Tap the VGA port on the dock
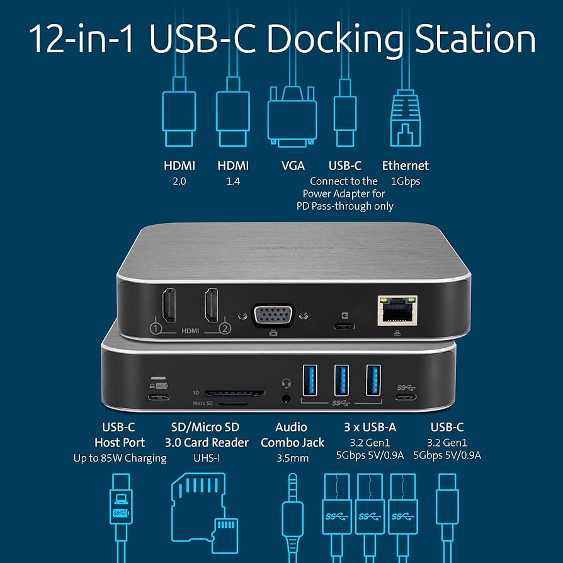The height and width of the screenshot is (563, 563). point(273,314)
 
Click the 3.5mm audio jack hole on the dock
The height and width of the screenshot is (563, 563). point(287,398)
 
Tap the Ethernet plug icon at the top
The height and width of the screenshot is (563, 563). point(406,120)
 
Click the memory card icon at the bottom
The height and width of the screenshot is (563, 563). point(205,507)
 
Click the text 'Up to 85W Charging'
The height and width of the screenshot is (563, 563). point(120,458)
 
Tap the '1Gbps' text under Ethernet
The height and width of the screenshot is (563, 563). point(405,181)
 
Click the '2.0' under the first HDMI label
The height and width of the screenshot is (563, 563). point(179,181)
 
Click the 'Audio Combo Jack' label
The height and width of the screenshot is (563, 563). point(292,435)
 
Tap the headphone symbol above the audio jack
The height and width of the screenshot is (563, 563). point(287,382)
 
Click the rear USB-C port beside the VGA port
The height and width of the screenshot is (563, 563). point(344,326)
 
